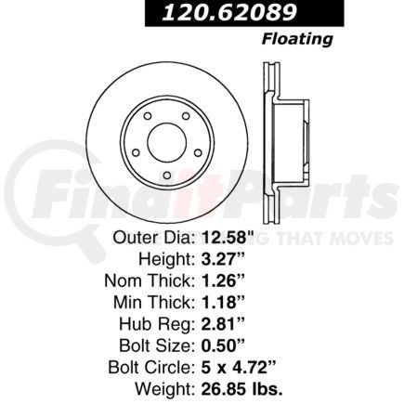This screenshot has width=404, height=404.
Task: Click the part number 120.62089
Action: pyautogui.click(x=229, y=13)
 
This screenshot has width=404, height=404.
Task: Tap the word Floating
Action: pyautogui.click(x=297, y=39)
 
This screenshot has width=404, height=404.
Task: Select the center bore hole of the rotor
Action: pyautogui.click(x=167, y=142)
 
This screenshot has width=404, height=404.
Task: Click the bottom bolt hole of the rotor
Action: pyautogui.click(x=167, y=176)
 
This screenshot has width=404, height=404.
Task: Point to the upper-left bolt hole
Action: pyautogui.click(x=148, y=116)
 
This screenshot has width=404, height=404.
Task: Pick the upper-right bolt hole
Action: pyautogui.click(x=186, y=116)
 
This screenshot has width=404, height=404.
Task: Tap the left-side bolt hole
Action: pyautogui.click(x=136, y=152)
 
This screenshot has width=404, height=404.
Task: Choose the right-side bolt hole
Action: pyautogui.click(x=198, y=152)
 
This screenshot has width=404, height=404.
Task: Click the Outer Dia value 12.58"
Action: pyautogui.click(x=228, y=238)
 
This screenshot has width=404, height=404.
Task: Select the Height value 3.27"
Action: pyautogui.click(x=223, y=259)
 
